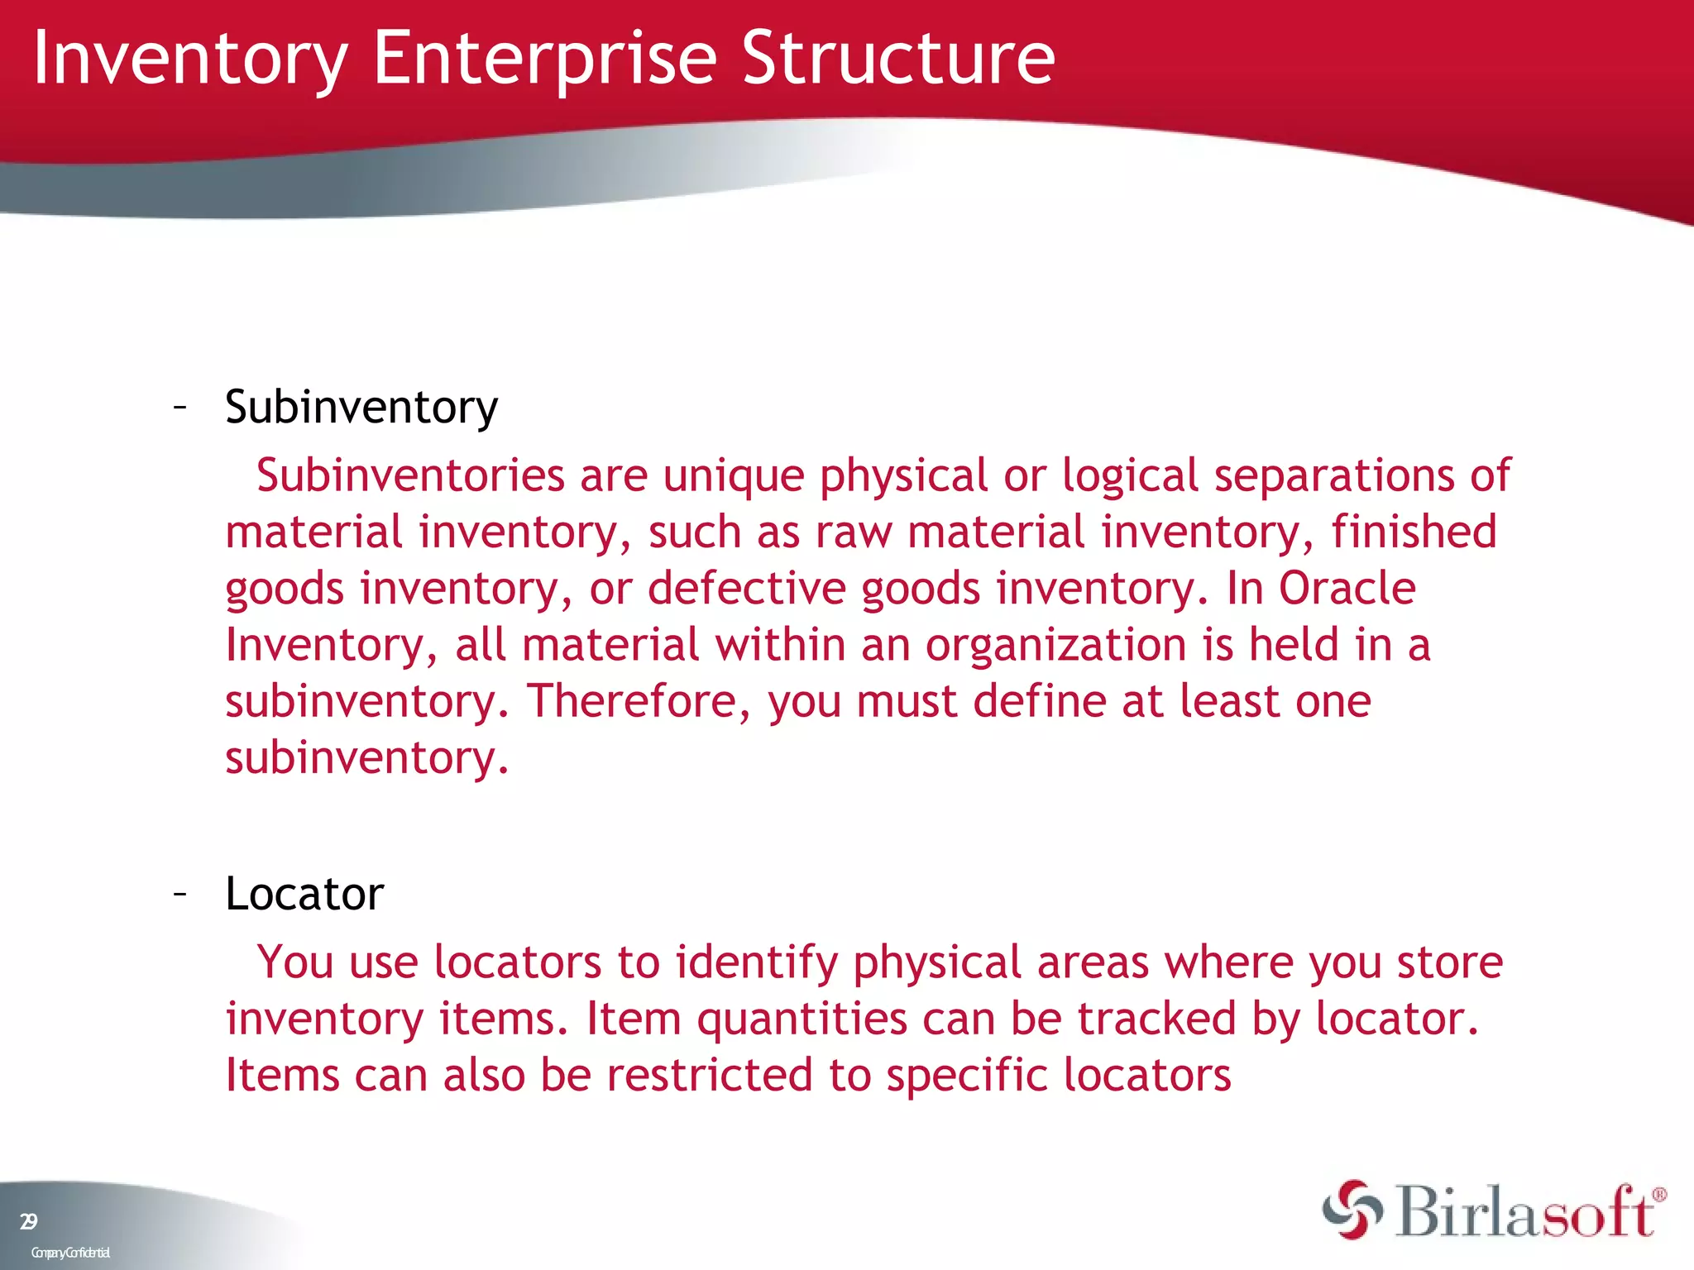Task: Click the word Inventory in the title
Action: coord(190,60)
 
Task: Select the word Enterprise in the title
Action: coord(544,60)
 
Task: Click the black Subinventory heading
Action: coord(361,408)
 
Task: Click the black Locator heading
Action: coord(304,895)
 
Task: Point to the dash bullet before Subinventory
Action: coord(179,407)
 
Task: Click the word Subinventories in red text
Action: coord(410,476)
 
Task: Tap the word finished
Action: coord(1414,532)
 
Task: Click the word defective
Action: coord(746,589)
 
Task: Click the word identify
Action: coord(756,964)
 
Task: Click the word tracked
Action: coord(1156,1019)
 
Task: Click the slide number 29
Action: coord(28,1221)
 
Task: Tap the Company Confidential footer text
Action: coord(70,1253)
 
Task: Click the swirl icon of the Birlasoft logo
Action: coord(1352,1210)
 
